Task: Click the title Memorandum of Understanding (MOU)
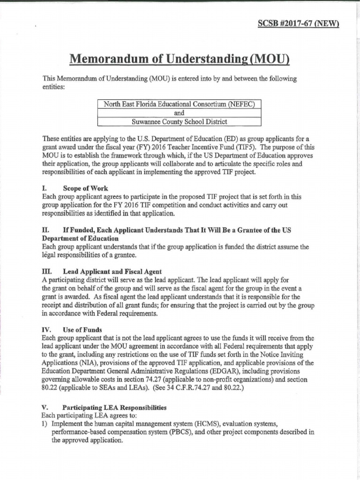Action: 180,59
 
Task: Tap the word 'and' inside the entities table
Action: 179,113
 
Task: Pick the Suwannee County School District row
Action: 179,122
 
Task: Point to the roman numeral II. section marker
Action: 45,231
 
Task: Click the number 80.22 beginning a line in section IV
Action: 51,388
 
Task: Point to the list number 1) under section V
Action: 45,424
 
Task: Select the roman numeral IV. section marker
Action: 46,330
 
